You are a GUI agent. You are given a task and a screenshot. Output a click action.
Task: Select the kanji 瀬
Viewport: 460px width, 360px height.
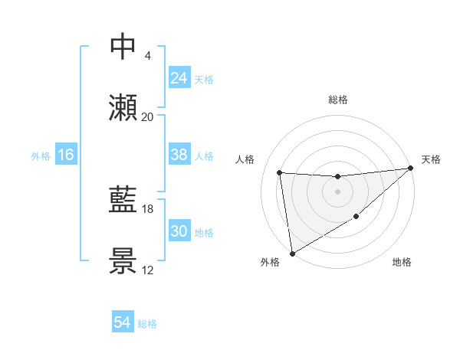pos(123,108)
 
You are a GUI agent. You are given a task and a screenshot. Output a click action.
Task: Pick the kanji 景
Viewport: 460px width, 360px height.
pos(123,261)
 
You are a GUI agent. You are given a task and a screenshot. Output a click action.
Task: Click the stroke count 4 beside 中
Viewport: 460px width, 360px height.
pos(147,55)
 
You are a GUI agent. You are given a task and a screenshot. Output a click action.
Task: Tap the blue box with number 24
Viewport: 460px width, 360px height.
pos(179,78)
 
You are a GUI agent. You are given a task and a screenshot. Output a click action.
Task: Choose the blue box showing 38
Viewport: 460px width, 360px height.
pos(179,155)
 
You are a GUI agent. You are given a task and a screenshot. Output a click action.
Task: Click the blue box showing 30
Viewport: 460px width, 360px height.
pos(179,231)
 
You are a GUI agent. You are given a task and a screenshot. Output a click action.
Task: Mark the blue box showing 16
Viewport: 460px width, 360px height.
pos(66,155)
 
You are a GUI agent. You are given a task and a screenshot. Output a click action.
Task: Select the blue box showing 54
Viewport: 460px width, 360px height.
pos(123,322)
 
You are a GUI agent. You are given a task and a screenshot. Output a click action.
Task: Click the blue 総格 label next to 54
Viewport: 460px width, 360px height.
pos(147,324)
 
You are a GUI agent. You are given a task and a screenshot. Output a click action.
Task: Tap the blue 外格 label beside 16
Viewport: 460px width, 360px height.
pos(41,156)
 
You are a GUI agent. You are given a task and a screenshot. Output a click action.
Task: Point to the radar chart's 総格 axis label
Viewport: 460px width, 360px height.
pos(337,100)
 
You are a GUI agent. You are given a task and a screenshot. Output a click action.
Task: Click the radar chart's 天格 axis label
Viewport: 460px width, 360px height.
pos(431,159)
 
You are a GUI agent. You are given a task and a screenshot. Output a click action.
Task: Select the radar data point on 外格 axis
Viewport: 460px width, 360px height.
pos(292,253)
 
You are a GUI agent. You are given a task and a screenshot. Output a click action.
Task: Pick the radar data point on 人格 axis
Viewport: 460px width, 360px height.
pos(280,172)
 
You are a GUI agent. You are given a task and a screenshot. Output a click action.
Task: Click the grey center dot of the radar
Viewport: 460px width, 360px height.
pos(337,191)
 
